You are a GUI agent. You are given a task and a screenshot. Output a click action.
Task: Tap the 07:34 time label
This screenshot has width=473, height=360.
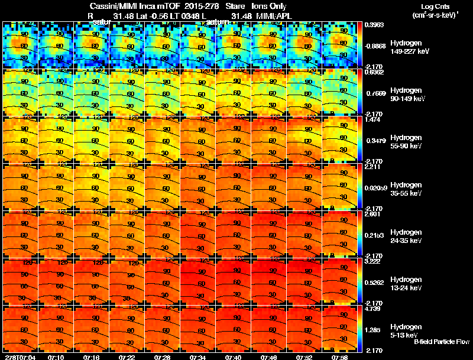[198, 357]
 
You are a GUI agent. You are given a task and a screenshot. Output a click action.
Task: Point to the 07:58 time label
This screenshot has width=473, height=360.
[340, 357]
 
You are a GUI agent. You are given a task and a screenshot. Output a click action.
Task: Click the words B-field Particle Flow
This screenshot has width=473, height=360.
[442, 342]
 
